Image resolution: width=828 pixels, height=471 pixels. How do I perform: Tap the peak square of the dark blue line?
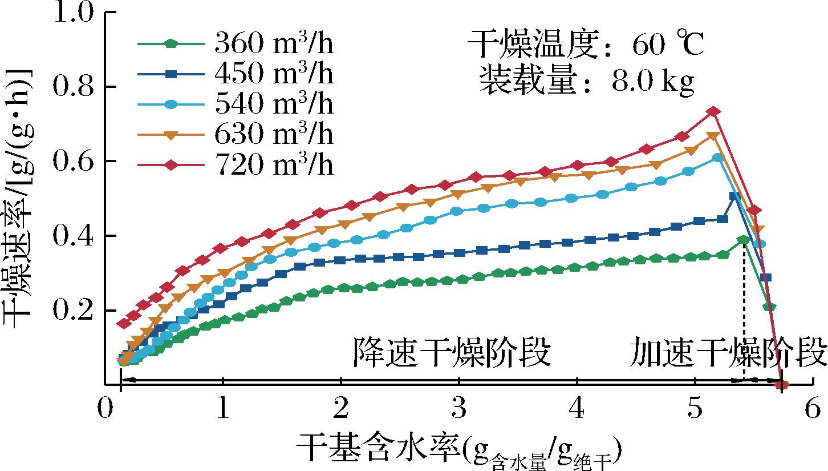[x=735, y=196]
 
